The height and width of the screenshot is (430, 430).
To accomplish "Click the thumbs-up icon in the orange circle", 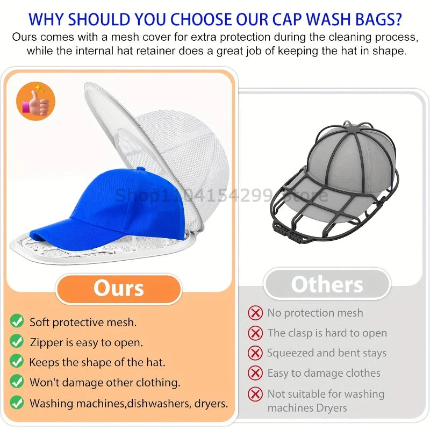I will click(36, 101).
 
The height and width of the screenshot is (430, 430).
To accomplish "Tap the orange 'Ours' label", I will click(119, 288).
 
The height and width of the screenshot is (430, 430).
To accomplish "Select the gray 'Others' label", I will click(327, 284).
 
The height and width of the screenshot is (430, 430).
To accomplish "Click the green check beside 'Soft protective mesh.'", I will click(17, 321).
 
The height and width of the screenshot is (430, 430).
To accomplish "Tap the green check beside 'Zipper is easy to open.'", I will click(17, 341).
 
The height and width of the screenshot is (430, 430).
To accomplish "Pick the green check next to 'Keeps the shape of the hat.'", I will click(17, 362).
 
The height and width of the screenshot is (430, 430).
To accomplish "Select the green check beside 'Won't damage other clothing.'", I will click(17, 382).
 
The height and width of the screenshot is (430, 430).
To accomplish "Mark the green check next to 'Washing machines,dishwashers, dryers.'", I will click(17, 402).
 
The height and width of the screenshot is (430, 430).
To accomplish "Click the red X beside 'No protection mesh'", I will click(255, 313).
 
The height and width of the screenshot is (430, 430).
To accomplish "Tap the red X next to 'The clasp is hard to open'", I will click(255, 333).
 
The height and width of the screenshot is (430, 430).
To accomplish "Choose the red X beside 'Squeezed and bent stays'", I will click(255, 353).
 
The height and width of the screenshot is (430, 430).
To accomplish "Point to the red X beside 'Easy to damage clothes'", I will click(255, 373).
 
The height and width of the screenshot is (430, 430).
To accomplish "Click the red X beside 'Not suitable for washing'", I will click(255, 394).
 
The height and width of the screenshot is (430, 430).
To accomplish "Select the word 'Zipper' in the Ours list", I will click(47, 342).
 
